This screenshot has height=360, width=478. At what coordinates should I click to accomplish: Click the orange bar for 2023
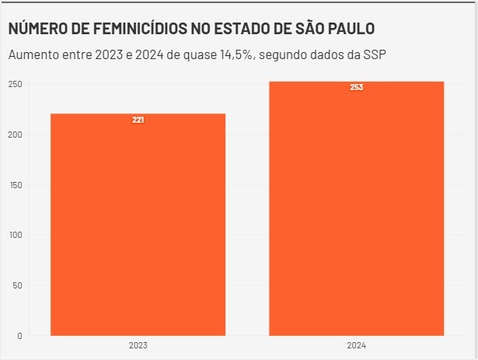[x=138, y=225]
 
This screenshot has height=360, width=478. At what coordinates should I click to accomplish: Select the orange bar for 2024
[x=357, y=210]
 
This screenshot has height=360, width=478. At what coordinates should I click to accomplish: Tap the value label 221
[x=138, y=120]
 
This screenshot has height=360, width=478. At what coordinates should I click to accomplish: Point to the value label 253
[x=357, y=87]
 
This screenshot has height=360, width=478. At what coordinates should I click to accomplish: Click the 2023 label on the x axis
[x=138, y=344]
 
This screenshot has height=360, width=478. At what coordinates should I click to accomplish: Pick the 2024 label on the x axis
[x=357, y=344]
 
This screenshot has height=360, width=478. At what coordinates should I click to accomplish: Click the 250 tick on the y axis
[x=16, y=84]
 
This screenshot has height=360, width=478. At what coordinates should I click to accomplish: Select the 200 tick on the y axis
[x=16, y=135]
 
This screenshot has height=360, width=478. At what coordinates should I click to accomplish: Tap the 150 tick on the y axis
[x=16, y=185]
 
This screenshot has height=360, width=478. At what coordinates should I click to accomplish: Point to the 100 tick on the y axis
[x=16, y=235]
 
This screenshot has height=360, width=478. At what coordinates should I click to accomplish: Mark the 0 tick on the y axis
[x=20, y=335]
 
